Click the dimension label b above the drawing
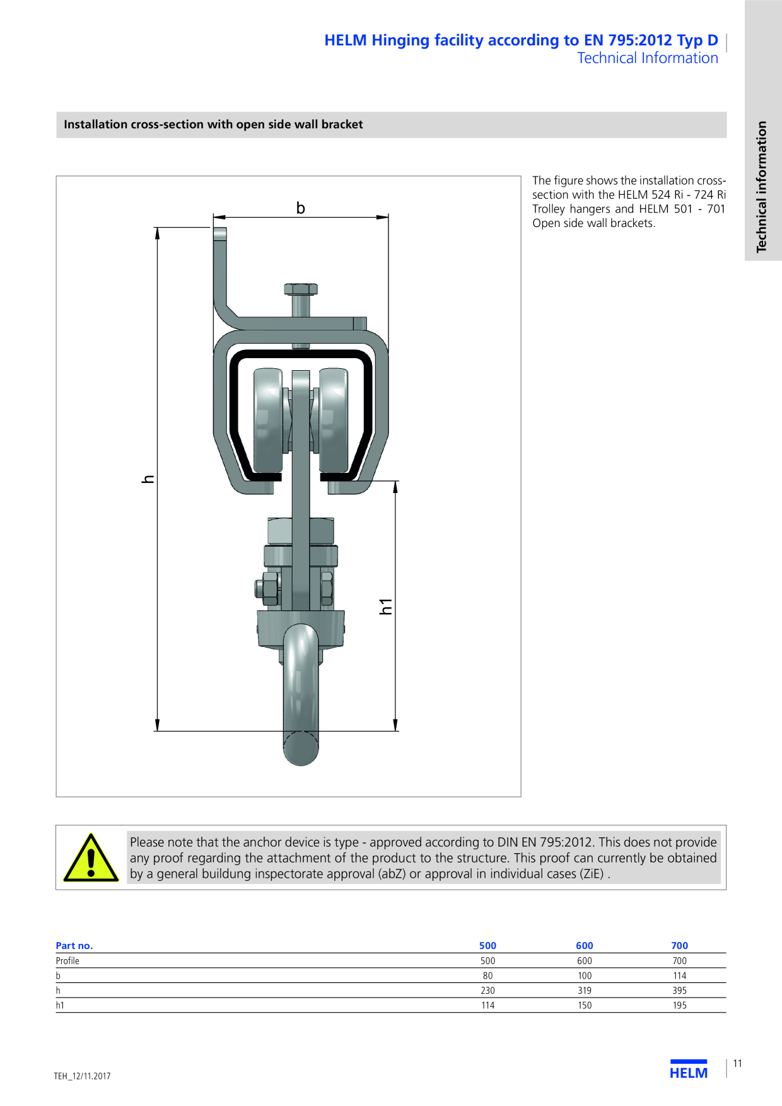click(x=301, y=207)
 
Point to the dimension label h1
click(x=385, y=607)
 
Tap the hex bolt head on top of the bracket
click(x=301, y=289)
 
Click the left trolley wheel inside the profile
click(x=268, y=421)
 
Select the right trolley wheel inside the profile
click(x=334, y=421)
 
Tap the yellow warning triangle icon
click(x=91, y=858)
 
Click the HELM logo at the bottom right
click(x=689, y=1070)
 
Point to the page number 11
click(x=737, y=1064)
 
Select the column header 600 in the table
click(x=585, y=945)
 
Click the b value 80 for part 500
click(x=487, y=975)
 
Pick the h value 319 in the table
click(x=585, y=991)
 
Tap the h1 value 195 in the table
click(x=679, y=1006)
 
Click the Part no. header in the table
click(x=74, y=946)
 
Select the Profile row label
click(x=67, y=961)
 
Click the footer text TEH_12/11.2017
click(x=82, y=1076)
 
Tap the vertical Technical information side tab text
click(x=762, y=187)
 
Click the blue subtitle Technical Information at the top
click(x=648, y=58)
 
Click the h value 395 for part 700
click(x=679, y=991)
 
